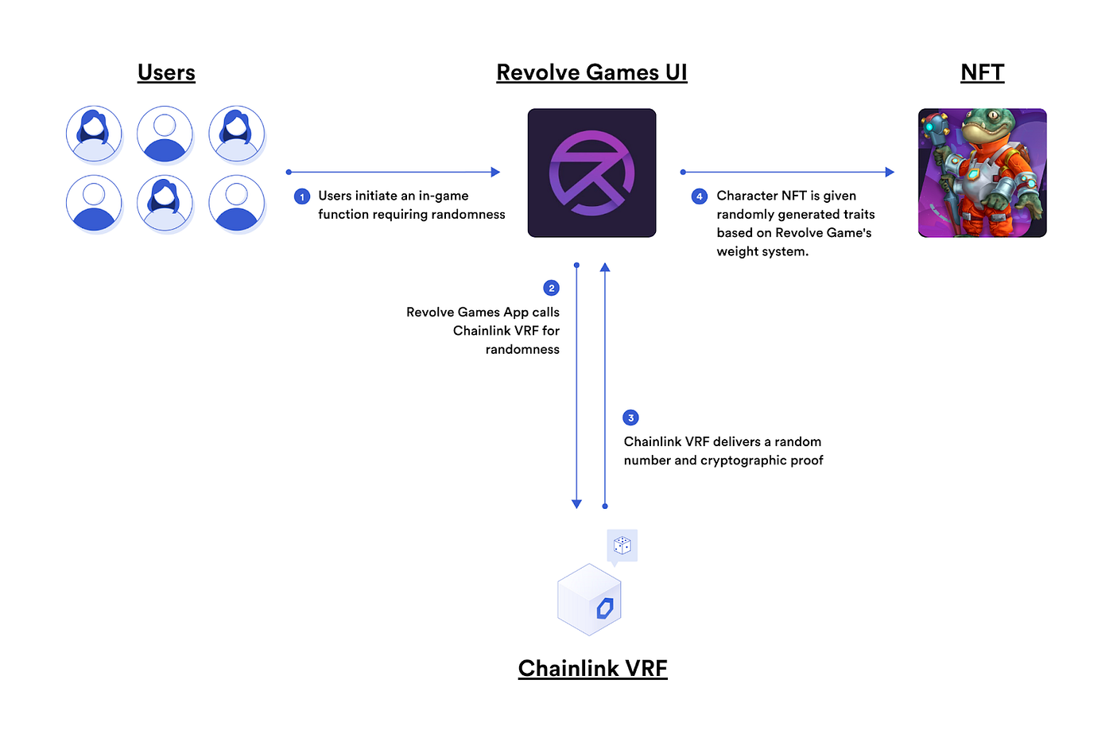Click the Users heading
coord(166,72)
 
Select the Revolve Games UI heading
coord(591,72)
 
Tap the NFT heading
coord(982,72)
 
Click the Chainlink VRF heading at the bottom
coord(592,668)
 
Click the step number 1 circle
coord(302,196)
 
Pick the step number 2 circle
coord(551,288)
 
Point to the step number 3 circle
coord(630,418)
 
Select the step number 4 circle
coord(700,196)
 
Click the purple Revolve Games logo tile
coord(591,173)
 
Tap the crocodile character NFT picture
coord(982,173)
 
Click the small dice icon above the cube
coord(622,546)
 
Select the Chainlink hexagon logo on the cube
coord(605,608)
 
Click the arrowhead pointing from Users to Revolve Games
coord(495,172)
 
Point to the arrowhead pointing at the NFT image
coord(890,172)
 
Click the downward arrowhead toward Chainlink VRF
coord(576,504)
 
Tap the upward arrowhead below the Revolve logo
coord(605,268)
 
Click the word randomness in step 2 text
coord(522,349)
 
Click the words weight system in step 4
coord(762,251)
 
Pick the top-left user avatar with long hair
coord(94,134)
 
